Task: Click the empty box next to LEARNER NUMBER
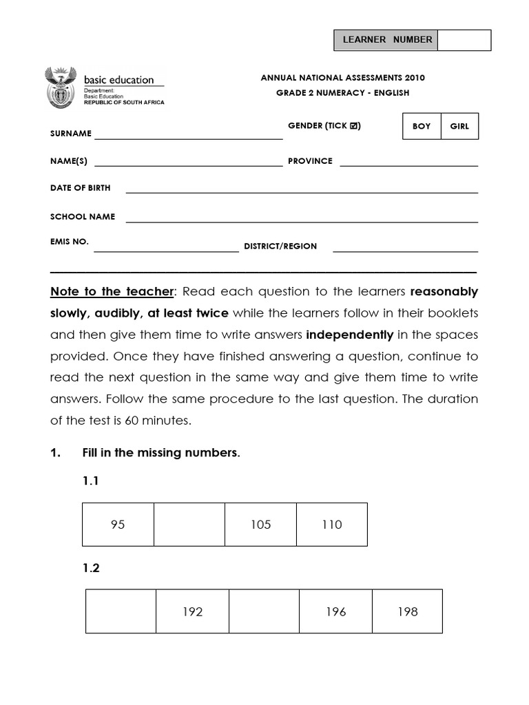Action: click(x=464, y=40)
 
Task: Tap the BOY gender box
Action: click(x=422, y=127)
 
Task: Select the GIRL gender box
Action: click(x=459, y=127)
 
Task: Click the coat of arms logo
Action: click(x=61, y=87)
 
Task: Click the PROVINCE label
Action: click(x=310, y=161)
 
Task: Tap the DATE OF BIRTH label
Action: click(x=80, y=188)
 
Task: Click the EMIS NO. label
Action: click(x=70, y=242)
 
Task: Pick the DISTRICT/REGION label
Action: click(x=280, y=246)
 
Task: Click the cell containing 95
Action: click(x=118, y=525)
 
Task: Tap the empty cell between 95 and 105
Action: click(x=189, y=525)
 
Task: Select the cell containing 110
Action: click(x=332, y=525)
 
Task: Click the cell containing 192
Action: click(x=192, y=611)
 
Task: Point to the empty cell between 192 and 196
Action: click(x=264, y=611)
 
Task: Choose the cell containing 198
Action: click(x=408, y=611)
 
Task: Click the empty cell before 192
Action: click(x=121, y=611)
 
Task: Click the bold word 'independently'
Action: click(x=349, y=335)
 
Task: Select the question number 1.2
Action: click(x=91, y=568)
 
